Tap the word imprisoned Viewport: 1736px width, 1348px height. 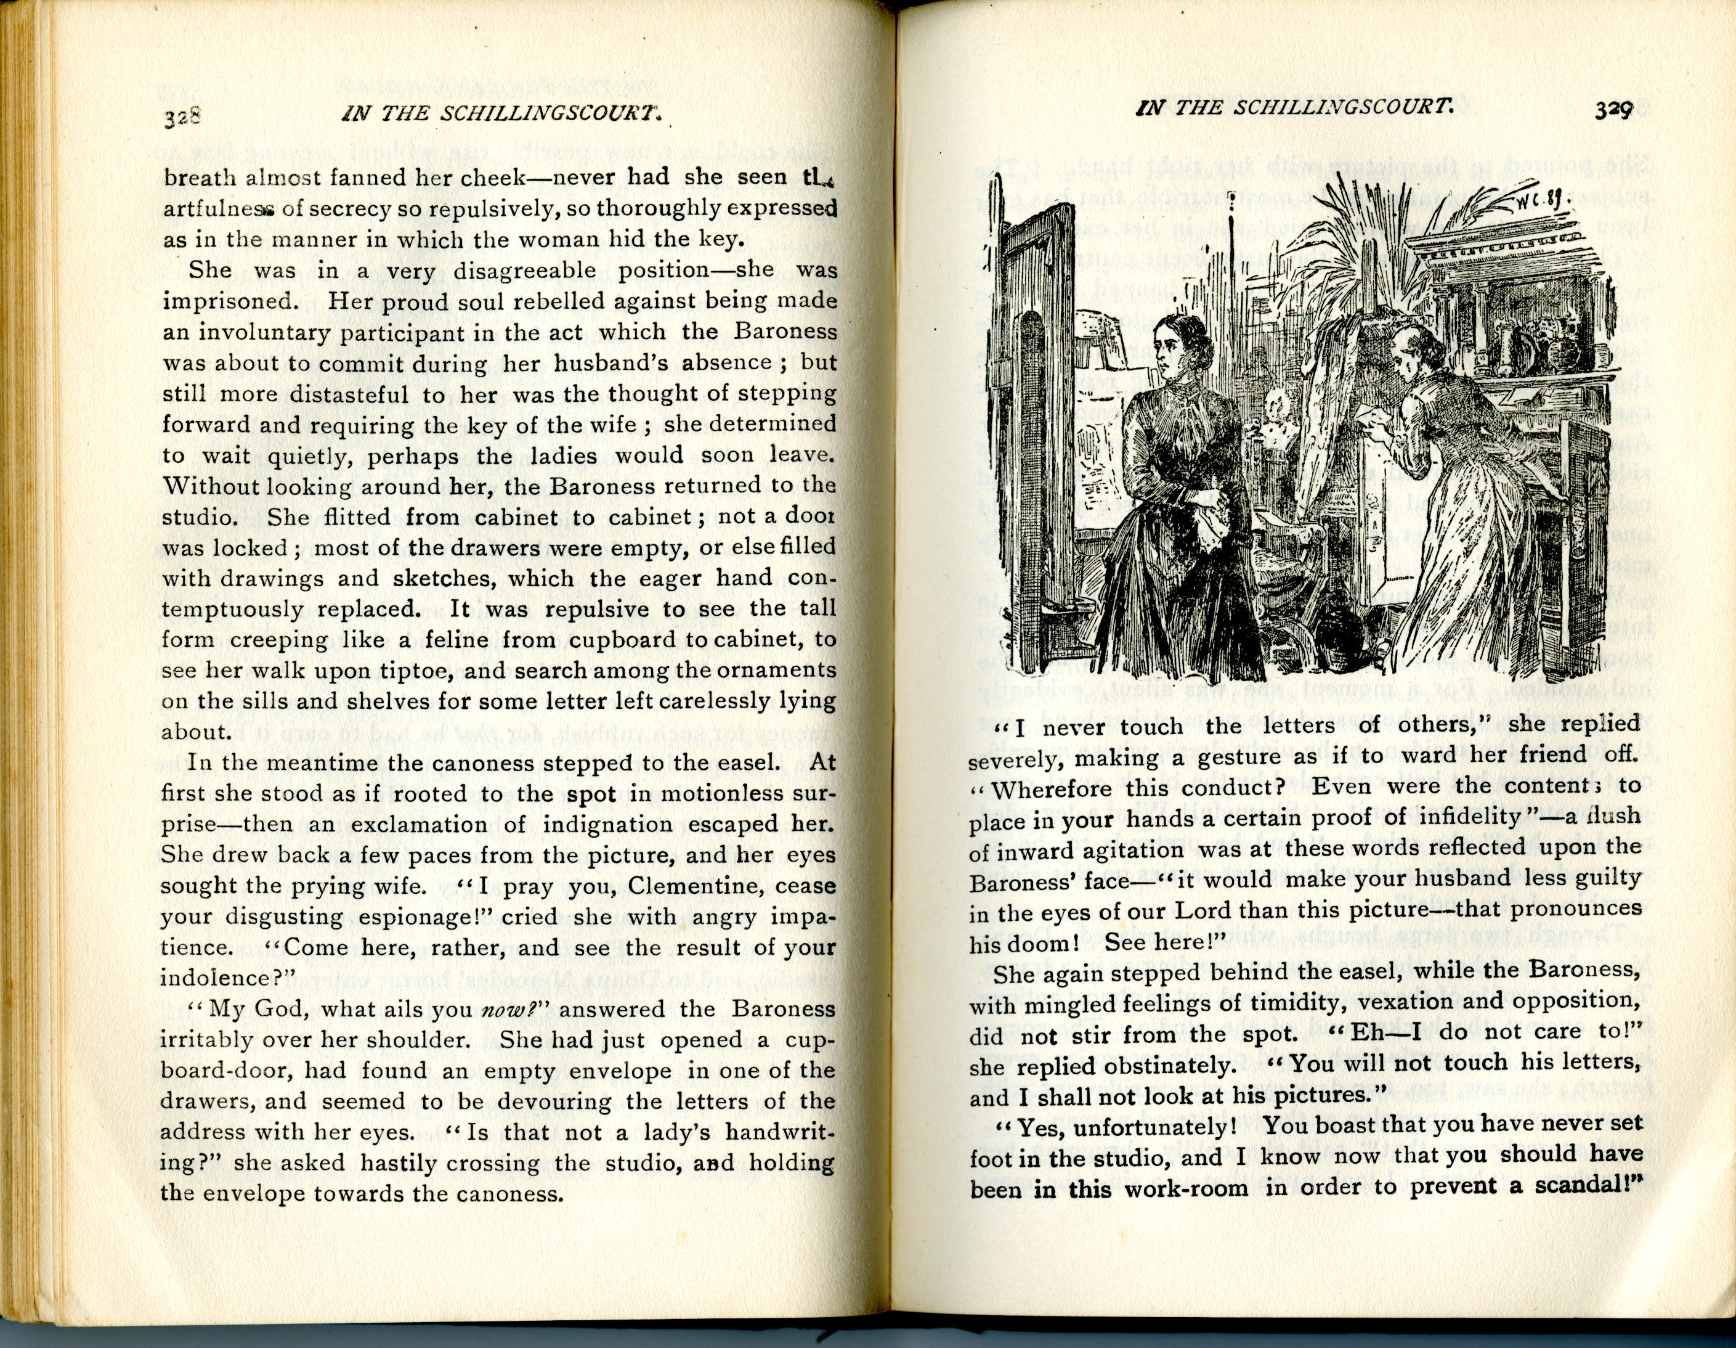[230, 301]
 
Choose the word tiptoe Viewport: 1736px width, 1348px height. [402, 671]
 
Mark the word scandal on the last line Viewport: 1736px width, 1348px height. [1583, 1186]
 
